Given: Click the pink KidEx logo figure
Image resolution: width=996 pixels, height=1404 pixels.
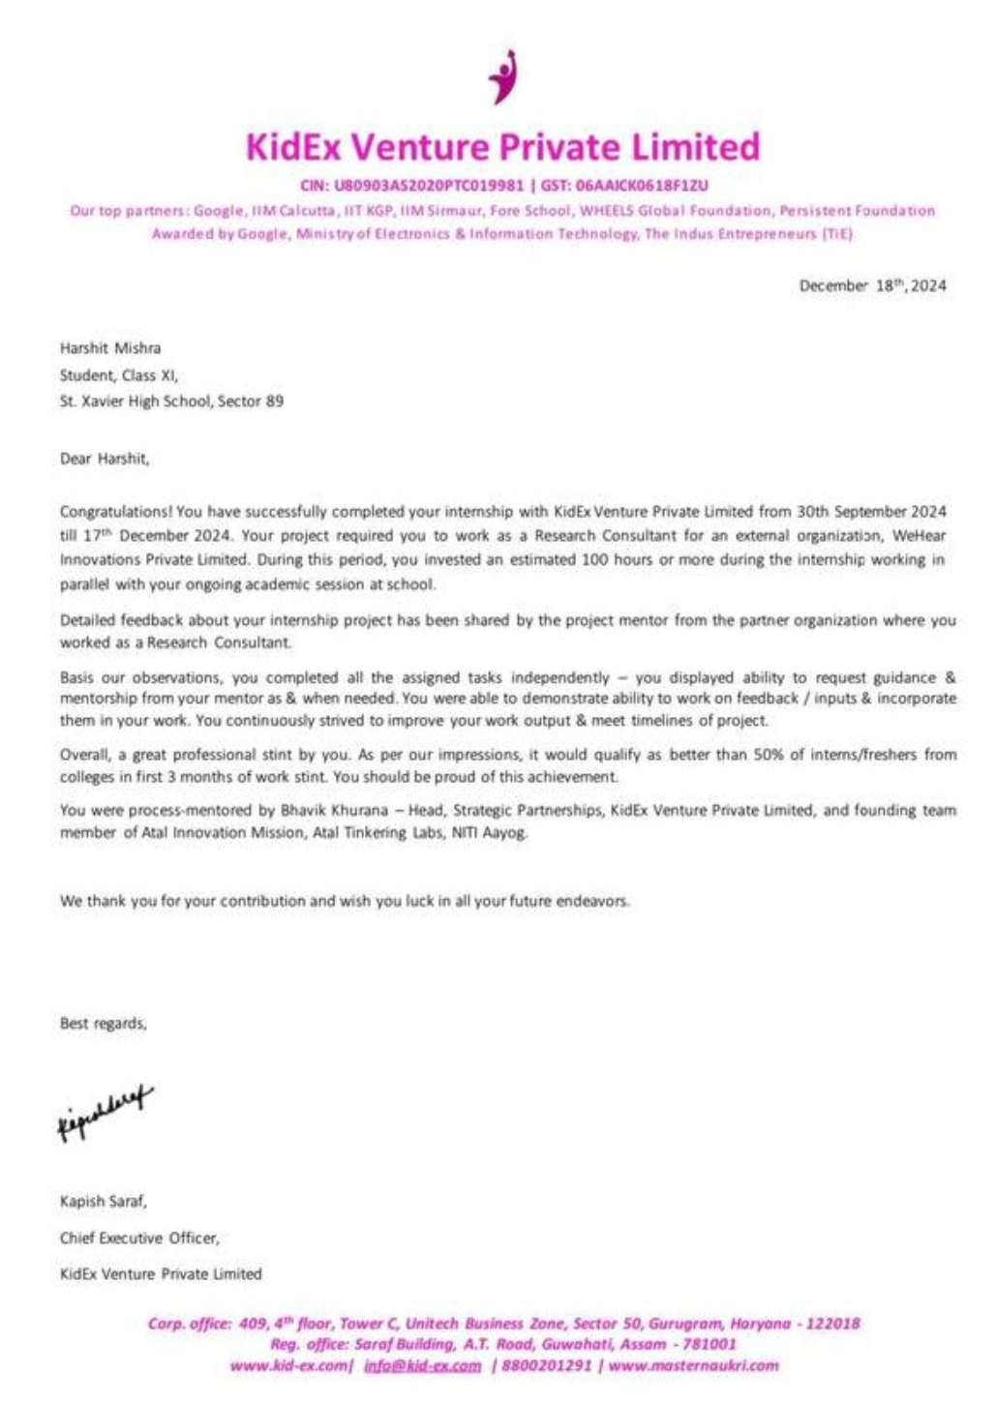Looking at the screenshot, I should [502, 76].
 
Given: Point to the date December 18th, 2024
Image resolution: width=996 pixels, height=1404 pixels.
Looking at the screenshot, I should [872, 285].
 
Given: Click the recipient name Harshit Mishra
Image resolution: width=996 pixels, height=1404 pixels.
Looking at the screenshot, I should [110, 348].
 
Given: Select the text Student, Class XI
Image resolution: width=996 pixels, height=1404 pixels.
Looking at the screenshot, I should [118, 375].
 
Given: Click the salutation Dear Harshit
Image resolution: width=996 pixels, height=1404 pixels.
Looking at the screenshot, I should [105, 459].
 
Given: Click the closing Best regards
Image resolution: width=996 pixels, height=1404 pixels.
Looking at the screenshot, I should [103, 1024].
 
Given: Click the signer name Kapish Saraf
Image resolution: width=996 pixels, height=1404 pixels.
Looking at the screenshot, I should [103, 1202].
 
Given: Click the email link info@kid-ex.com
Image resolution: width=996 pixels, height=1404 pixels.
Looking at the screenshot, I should [422, 1366].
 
